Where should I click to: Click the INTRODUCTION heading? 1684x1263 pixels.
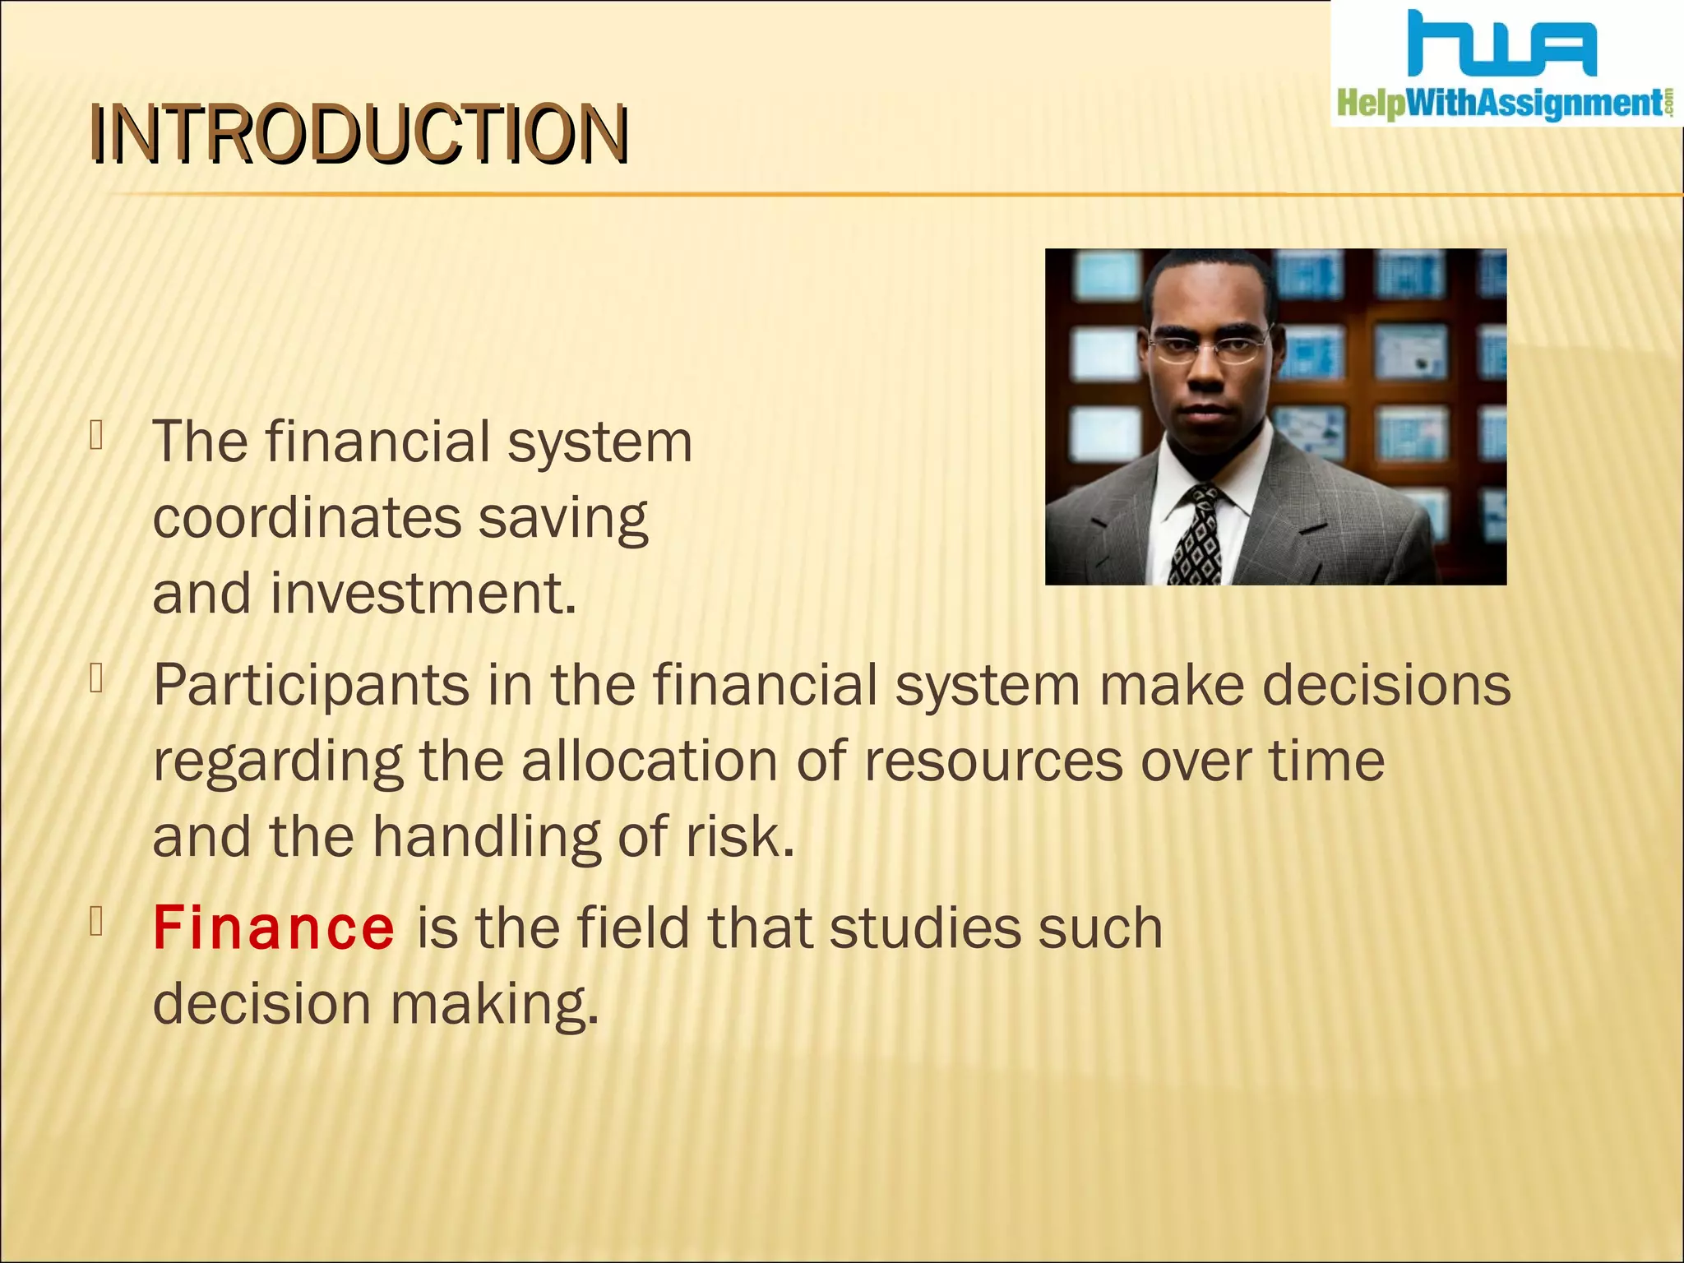(359, 134)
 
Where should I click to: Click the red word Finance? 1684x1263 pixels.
(274, 928)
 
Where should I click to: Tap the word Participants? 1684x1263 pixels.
(311, 685)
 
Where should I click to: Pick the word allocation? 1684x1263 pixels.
(649, 761)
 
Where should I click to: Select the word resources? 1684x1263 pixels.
(992, 761)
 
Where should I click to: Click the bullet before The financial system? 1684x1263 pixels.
(97, 436)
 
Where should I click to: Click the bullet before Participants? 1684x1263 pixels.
(97, 679)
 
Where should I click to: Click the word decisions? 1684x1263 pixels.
(1386, 685)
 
